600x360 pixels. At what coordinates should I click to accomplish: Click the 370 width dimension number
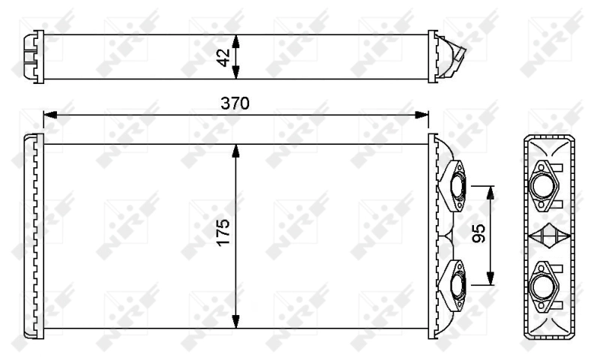click(x=235, y=103)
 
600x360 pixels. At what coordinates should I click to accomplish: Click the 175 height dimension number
click(x=222, y=235)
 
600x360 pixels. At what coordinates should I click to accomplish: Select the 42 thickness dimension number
click(x=223, y=57)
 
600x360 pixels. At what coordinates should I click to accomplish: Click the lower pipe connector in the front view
click(x=455, y=282)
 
